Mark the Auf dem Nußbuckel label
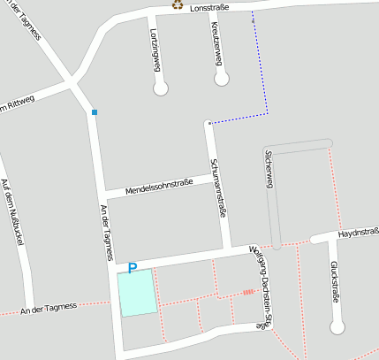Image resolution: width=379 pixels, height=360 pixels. (x=11, y=210)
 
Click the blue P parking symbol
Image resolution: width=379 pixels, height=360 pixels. (x=133, y=267)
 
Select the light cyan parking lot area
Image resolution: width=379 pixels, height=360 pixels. (x=137, y=292)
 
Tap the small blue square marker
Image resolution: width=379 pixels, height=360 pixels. (x=95, y=111)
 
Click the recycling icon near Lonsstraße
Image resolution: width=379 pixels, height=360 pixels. (x=177, y=4)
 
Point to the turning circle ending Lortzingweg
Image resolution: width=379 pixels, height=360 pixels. (x=161, y=88)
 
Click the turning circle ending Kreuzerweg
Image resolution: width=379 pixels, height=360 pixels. (x=222, y=79)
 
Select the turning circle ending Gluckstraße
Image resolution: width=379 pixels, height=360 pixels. (x=336, y=327)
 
